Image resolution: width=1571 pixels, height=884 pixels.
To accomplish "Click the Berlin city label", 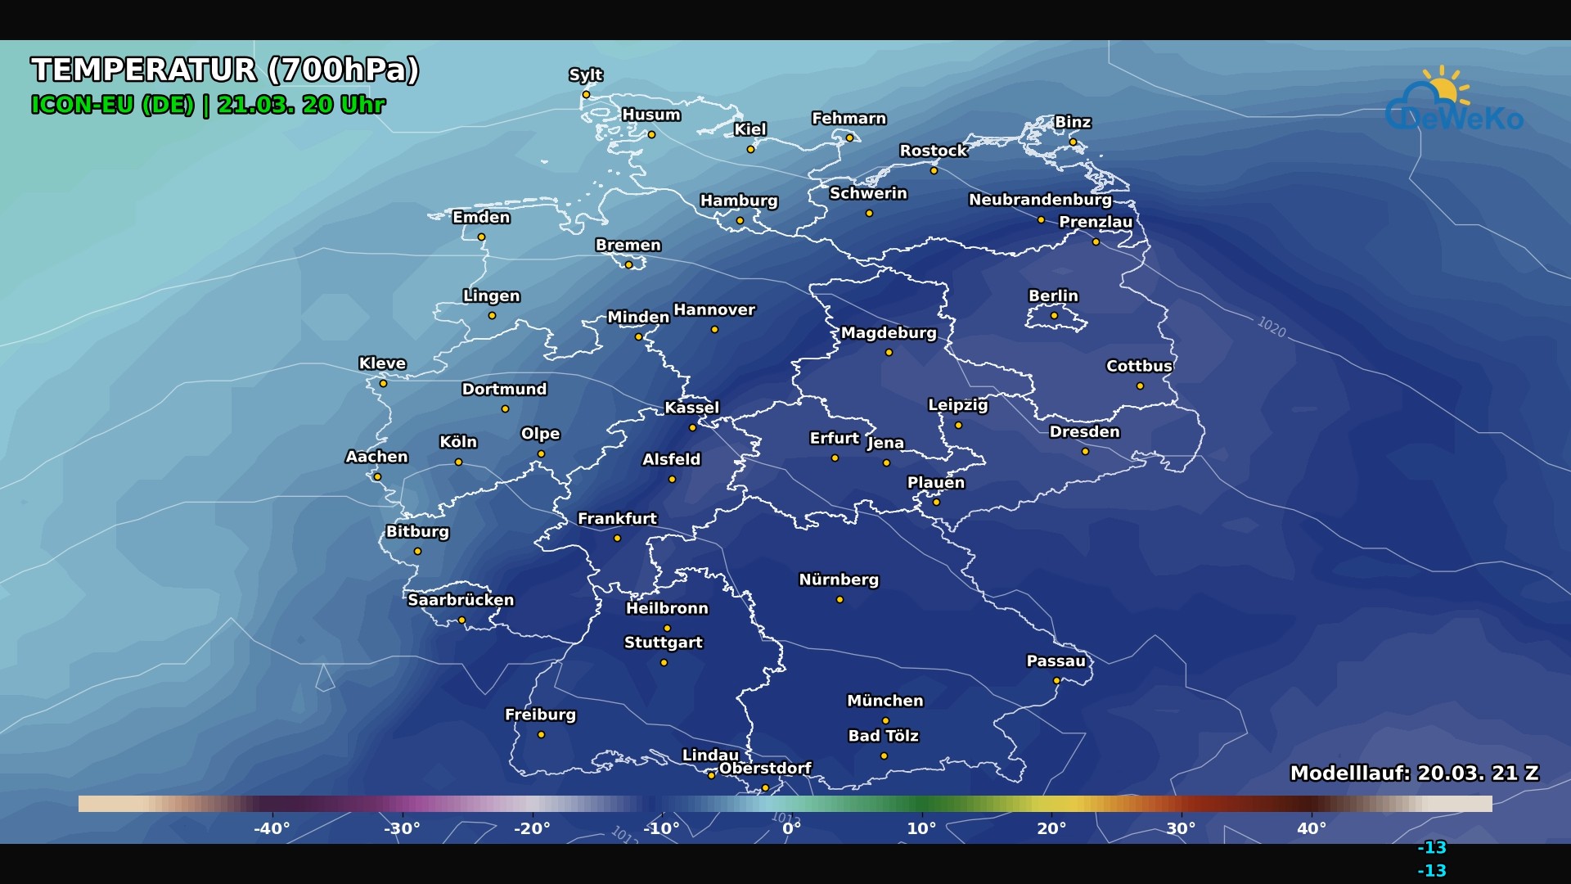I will point(1053,296).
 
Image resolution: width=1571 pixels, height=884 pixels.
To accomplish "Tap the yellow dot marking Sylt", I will point(586,95).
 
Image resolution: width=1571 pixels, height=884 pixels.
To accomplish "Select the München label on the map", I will point(885,701).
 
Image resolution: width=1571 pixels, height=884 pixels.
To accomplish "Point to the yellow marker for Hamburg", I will point(740,220).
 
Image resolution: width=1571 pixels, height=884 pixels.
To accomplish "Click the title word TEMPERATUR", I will point(144,70).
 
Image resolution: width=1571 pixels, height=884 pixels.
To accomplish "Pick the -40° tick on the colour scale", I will point(272,828).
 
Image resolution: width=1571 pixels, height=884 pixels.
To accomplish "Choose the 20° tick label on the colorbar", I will point(1051,828).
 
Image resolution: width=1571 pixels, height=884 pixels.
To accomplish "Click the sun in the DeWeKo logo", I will point(1443,88).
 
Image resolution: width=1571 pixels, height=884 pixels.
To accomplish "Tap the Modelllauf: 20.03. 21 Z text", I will point(1414,773).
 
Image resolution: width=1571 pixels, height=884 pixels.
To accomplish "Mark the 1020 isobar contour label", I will point(1272,327).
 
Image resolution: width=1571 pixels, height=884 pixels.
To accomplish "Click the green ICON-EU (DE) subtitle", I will point(112,106).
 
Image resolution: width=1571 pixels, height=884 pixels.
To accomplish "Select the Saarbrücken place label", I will point(461,600).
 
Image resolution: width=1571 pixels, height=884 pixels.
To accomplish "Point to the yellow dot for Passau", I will point(1056,681).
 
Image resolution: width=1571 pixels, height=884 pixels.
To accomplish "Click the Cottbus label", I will point(1139,367).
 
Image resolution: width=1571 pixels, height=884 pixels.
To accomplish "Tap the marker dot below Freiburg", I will point(541,735).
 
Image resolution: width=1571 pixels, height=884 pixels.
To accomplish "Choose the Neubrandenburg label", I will point(1040,200).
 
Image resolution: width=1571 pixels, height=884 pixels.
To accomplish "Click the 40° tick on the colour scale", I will point(1311,828).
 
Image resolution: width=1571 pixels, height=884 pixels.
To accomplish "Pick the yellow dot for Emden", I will point(482,237).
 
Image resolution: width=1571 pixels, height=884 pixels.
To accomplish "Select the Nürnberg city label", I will point(839,580).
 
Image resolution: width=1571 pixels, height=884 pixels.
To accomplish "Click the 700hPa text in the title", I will point(344,70).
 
